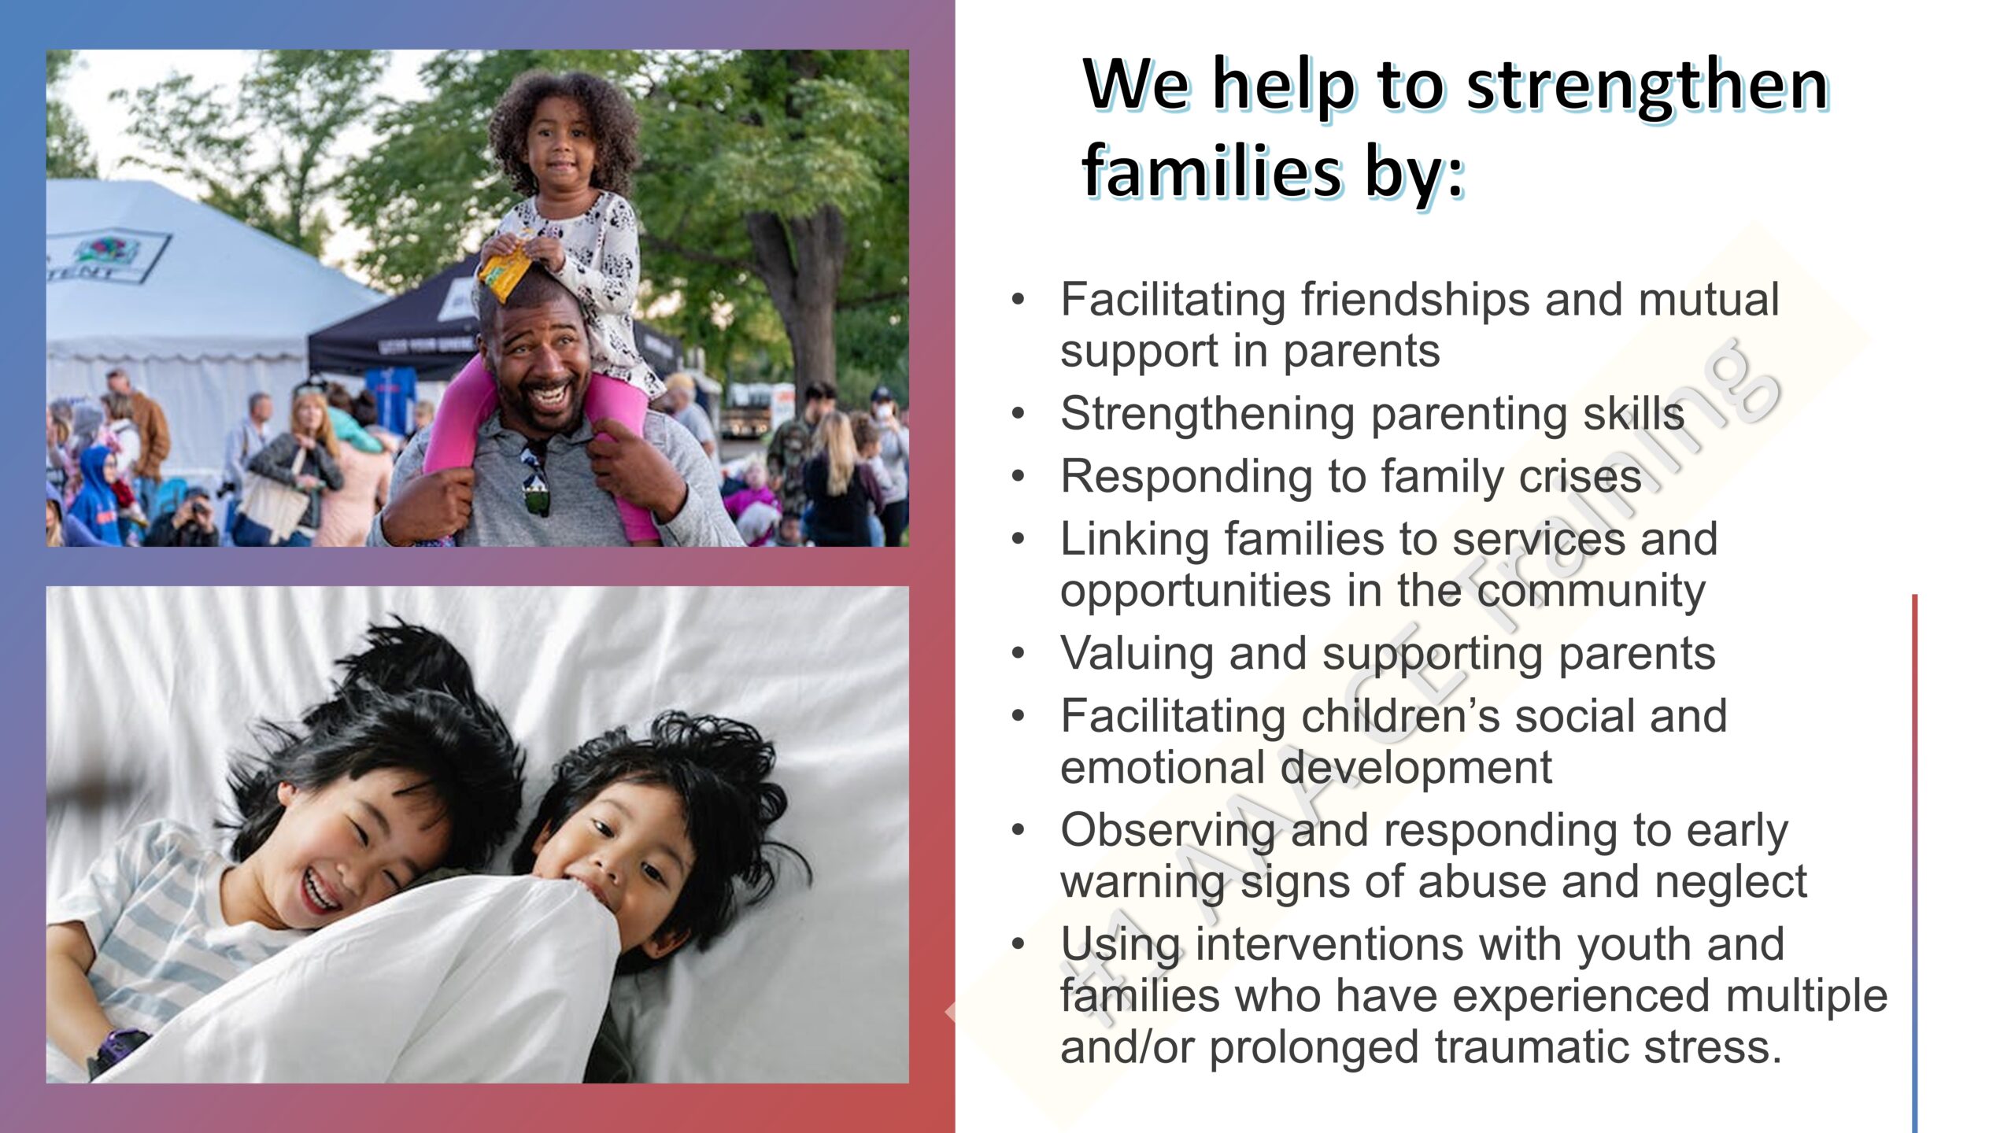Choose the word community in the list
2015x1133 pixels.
[x=1591, y=592]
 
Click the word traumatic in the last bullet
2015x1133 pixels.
[x=1511, y=1046]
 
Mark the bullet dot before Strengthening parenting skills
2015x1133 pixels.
[x=1019, y=414]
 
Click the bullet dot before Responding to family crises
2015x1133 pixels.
[x=1019, y=477]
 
